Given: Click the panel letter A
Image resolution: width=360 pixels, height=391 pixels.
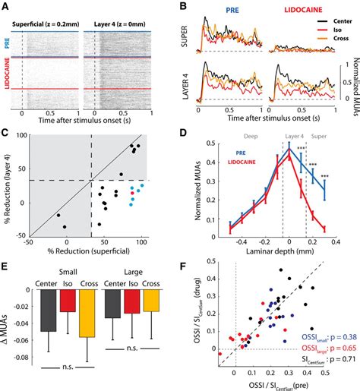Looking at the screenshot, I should pyautogui.click(x=5, y=6).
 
